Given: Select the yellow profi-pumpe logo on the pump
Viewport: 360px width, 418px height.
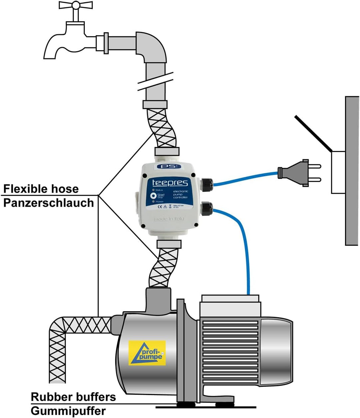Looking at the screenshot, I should (147, 353).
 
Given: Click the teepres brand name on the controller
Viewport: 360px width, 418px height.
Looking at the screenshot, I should (170, 183).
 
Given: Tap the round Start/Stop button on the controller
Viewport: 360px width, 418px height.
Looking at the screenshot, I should (153, 196).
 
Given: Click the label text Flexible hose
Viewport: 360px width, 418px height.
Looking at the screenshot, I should (41, 189).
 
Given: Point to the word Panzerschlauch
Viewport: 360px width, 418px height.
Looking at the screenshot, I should (49, 203).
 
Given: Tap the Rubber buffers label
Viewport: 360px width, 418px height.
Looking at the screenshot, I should (73, 397).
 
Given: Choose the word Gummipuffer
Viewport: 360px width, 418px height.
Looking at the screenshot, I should (68, 411).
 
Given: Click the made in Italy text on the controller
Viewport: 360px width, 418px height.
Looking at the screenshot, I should (169, 219).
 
